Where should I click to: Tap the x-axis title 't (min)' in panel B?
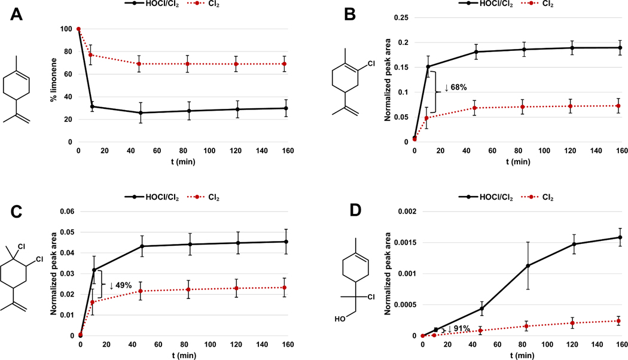[x=517, y=162]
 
